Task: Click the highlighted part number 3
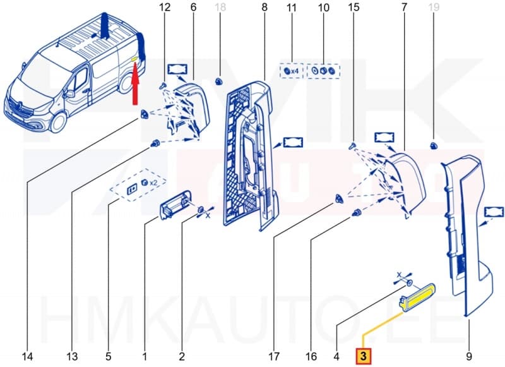pyautogui.click(x=364, y=356)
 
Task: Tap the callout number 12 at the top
pyautogui.click(x=165, y=8)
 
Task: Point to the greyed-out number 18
pyautogui.click(x=220, y=8)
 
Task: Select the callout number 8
pyautogui.click(x=264, y=8)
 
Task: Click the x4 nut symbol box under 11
pyautogui.click(x=292, y=72)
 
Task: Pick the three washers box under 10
pyautogui.click(x=324, y=72)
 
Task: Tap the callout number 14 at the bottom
pyautogui.click(x=27, y=357)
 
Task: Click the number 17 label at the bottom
pyautogui.click(x=274, y=357)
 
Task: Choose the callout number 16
pyautogui.click(x=311, y=357)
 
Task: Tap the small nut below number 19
pyautogui.click(x=434, y=146)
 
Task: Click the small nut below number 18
pyautogui.click(x=220, y=80)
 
